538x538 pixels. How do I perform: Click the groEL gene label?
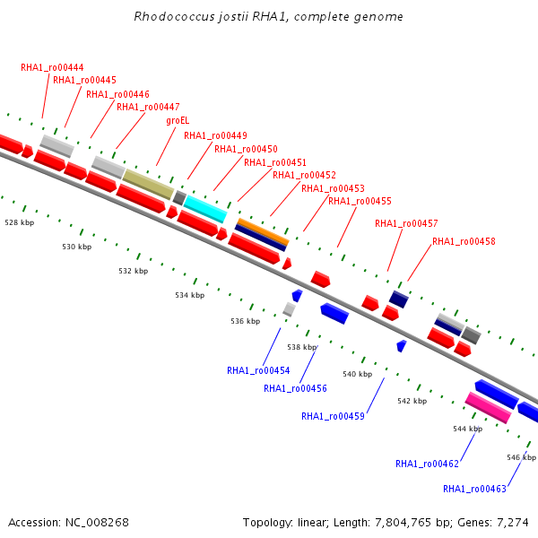[x=178, y=121]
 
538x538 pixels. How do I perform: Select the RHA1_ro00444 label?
[x=52, y=67]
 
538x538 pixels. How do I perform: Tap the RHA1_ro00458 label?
[x=464, y=241]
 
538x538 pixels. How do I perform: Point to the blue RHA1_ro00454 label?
[x=258, y=370]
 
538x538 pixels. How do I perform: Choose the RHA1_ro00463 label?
[x=474, y=489]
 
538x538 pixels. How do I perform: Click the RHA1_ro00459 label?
[x=333, y=416]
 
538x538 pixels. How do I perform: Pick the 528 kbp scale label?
[x=20, y=222]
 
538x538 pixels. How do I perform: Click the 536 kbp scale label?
[x=246, y=321]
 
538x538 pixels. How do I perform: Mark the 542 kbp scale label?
[x=412, y=401]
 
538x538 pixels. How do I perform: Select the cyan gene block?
[x=205, y=209]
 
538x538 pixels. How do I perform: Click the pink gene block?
[x=488, y=408]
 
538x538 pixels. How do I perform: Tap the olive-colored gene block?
[x=148, y=184]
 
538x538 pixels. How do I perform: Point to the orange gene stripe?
[x=264, y=231]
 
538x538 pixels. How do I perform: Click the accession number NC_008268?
[x=97, y=523]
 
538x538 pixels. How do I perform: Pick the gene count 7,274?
[x=513, y=523]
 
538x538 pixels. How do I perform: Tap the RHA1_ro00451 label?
[x=275, y=162]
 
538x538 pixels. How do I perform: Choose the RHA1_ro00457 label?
[x=406, y=223]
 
